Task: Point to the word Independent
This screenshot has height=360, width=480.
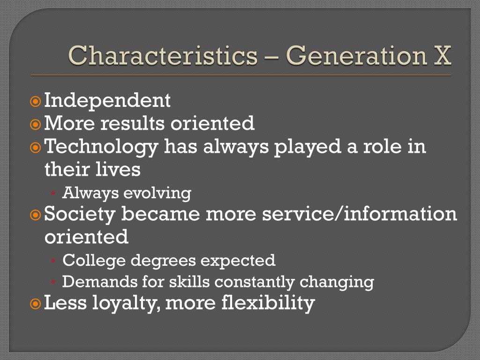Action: pyautogui.click(x=107, y=100)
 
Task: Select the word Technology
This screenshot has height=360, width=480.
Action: pyautogui.click(x=101, y=147)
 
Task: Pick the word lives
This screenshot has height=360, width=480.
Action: pyautogui.click(x=121, y=169)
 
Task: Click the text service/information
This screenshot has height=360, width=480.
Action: pyautogui.click(x=359, y=214)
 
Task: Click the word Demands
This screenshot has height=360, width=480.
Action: pyautogui.click(x=93, y=282)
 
